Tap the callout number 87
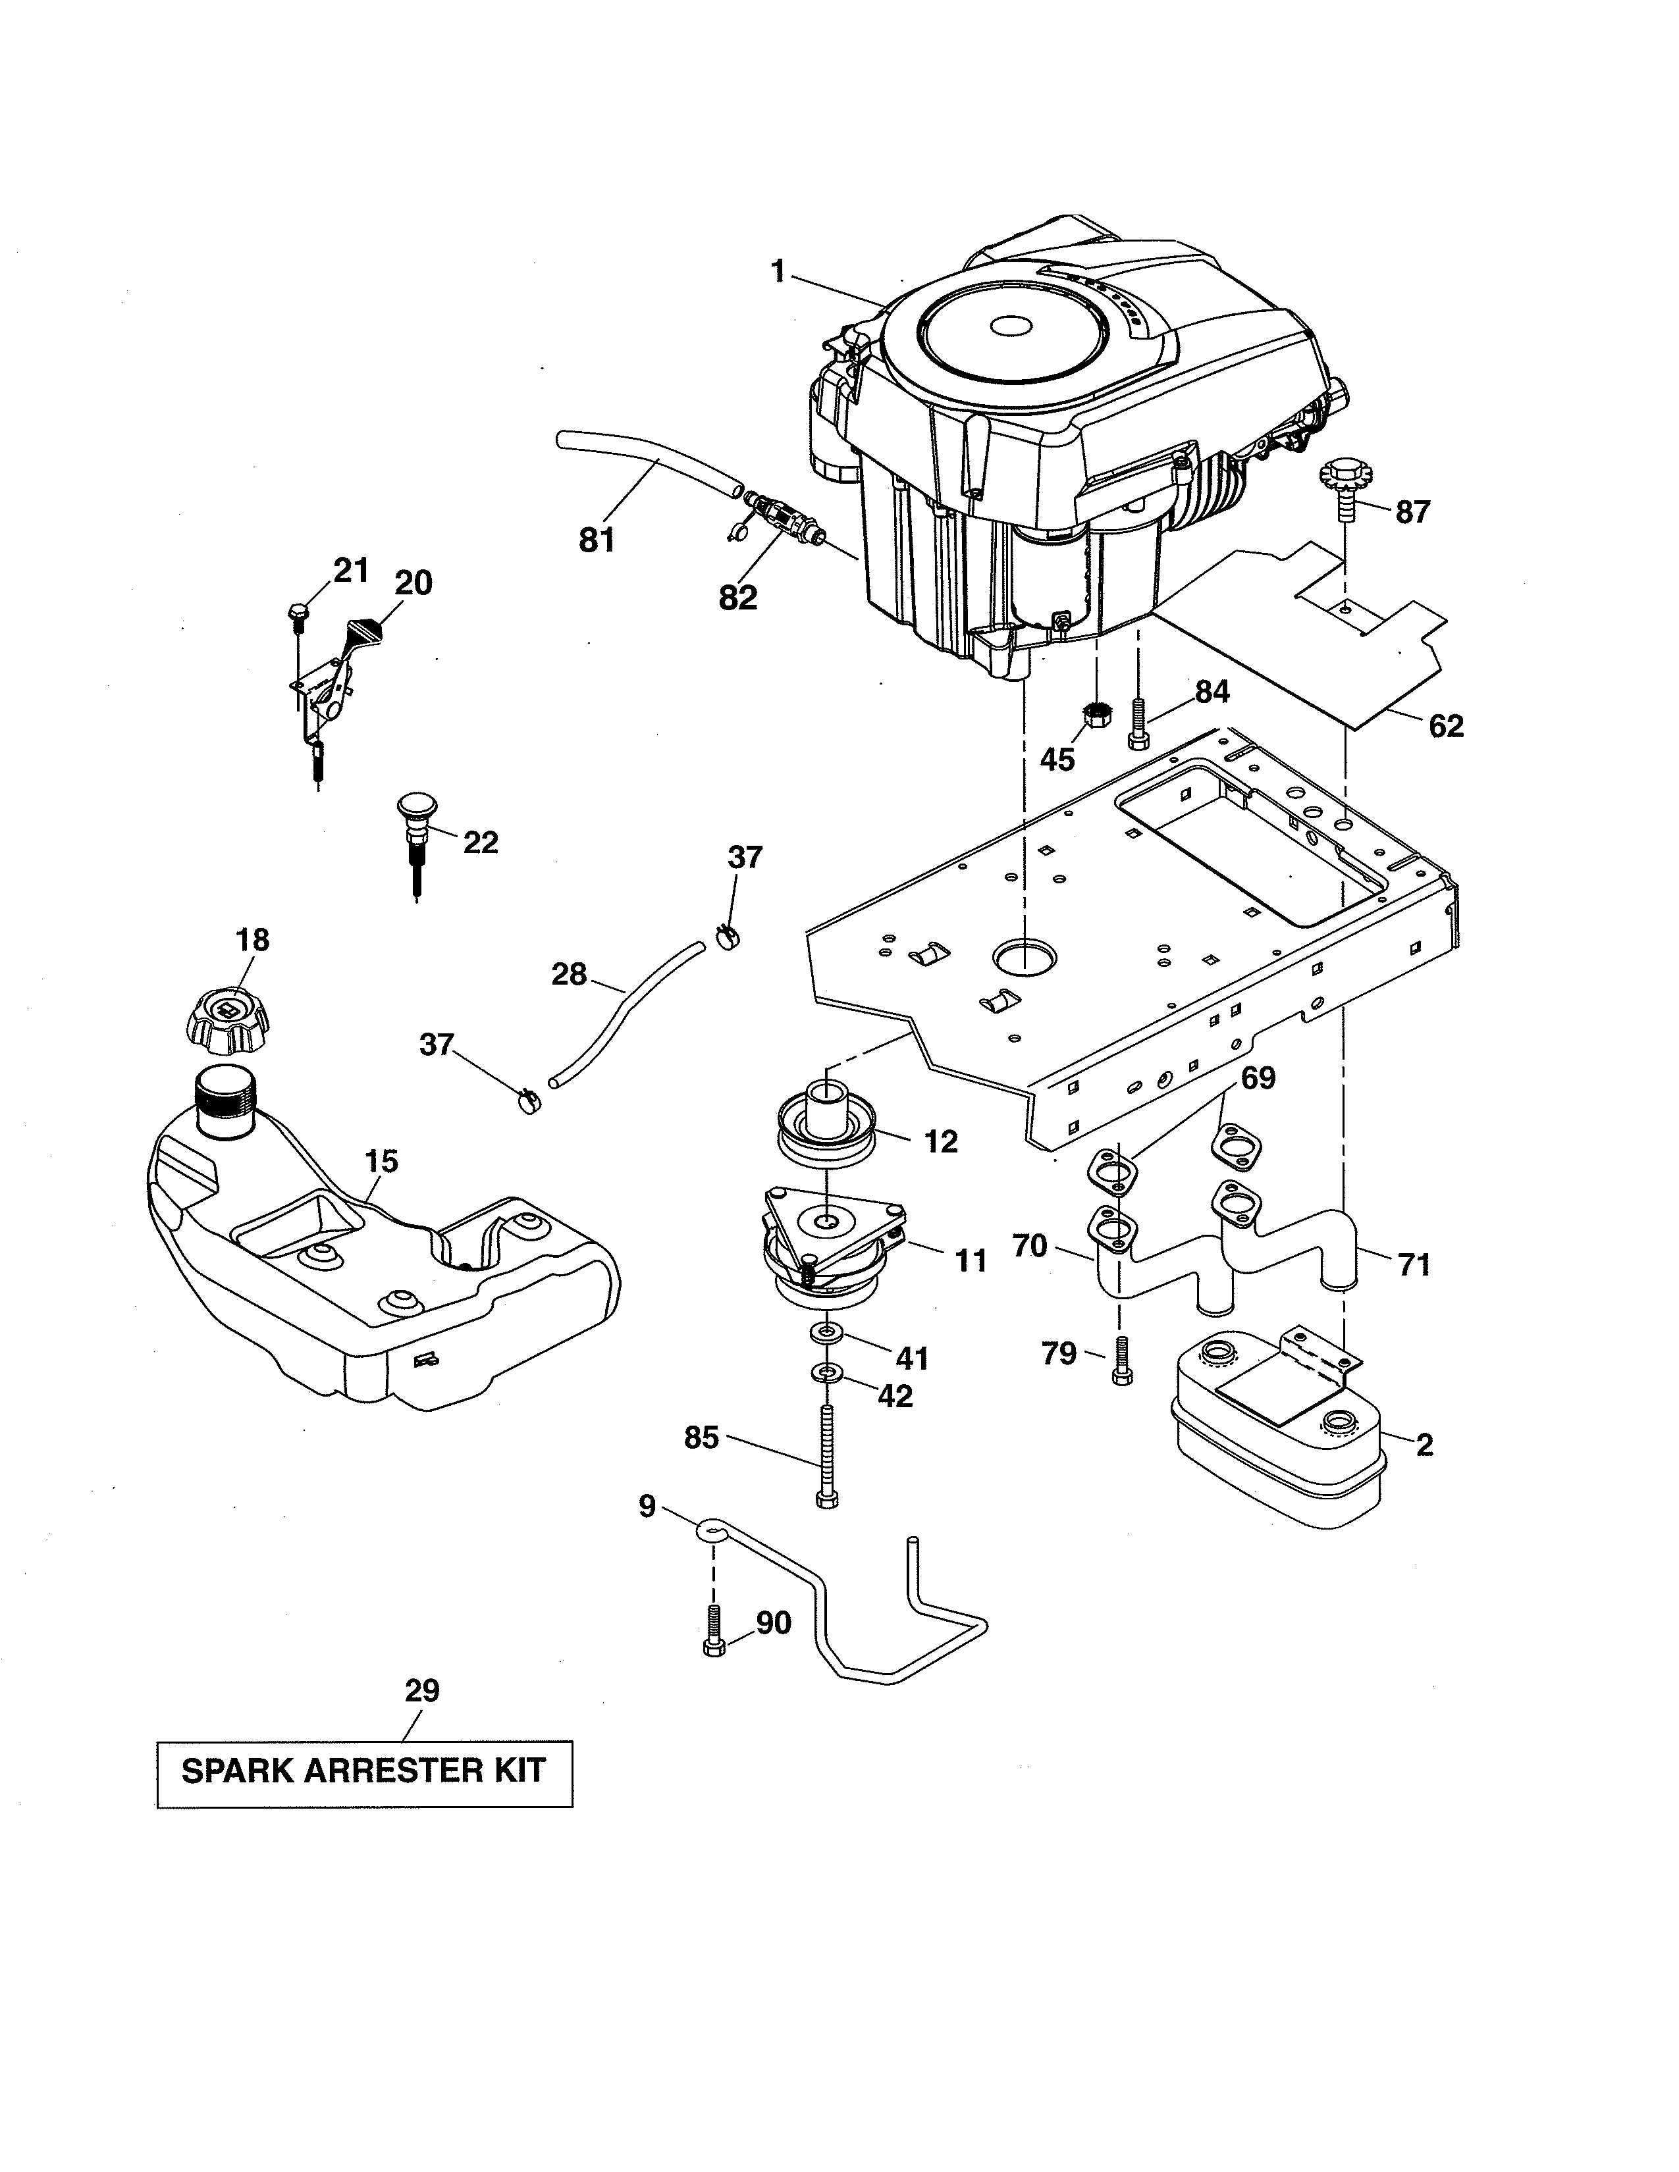click(x=1412, y=512)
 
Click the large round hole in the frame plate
click(x=1025, y=956)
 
